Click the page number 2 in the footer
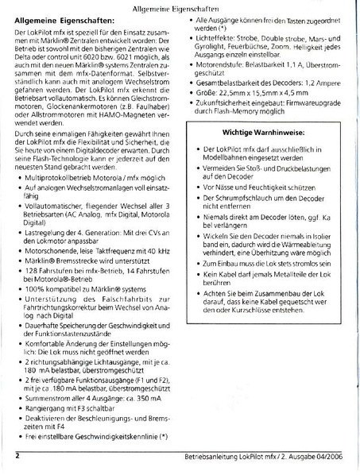pos(17,455)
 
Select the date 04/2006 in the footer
pos(327,456)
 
